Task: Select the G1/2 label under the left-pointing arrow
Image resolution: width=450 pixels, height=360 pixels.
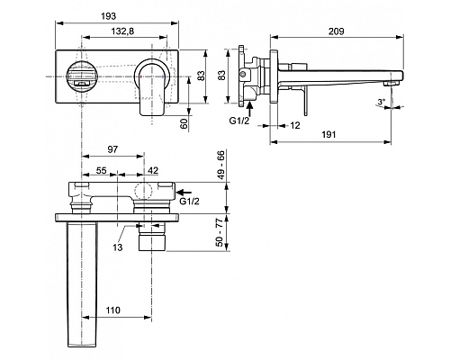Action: [189, 202]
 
